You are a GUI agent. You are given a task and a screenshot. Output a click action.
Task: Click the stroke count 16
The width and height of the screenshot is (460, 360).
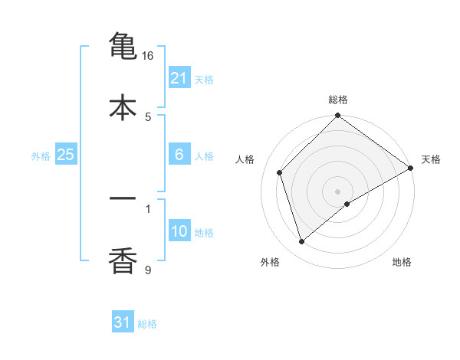(x=148, y=56)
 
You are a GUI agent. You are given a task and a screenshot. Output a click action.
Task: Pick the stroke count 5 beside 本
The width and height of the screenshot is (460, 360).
(x=148, y=116)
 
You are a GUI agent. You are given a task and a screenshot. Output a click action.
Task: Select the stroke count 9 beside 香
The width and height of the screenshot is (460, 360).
(x=148, y=269)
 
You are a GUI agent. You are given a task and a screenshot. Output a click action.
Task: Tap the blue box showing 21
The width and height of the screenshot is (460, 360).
(x=179, y=78)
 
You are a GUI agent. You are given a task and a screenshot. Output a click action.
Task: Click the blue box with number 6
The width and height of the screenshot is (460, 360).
(x=179, y=155)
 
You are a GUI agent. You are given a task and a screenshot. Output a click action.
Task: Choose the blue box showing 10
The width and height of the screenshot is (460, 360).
(x=179, y=232)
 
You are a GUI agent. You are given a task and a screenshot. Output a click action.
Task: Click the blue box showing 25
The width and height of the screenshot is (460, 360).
(x=66, y=155)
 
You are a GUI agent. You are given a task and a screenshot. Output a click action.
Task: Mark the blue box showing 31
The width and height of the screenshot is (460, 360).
(x=123, y=322)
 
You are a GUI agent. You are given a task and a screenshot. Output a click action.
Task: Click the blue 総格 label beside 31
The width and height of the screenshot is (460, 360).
(x=147, y=324)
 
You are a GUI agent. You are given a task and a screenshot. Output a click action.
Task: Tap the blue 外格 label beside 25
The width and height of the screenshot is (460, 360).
(x=41, y=156)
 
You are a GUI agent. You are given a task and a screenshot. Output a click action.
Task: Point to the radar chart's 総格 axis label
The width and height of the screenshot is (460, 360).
(x=338, y=100)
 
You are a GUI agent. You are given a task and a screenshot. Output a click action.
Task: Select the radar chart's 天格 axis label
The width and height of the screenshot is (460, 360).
(x=431, y=159)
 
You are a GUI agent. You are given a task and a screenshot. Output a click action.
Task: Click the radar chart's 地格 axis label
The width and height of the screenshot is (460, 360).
(x=402, y=262)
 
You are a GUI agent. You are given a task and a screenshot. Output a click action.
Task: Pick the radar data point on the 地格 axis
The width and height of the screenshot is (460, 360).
(x=347, y=204)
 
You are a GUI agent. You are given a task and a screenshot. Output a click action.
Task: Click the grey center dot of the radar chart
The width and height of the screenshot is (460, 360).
(x=338, y=191)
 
